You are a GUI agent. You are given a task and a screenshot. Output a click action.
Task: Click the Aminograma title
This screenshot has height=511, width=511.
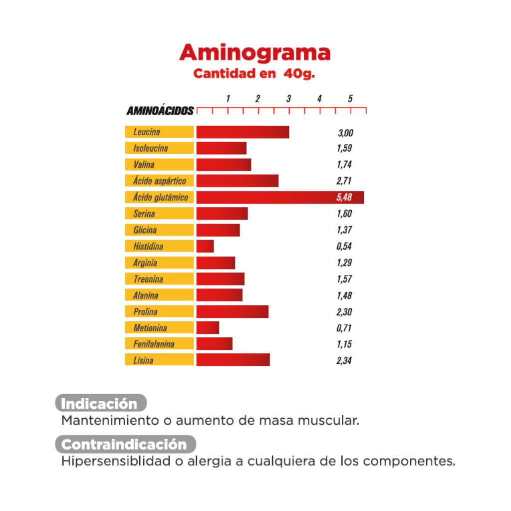point(255,52)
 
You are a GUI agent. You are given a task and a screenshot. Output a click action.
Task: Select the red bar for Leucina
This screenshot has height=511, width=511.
point(243,132)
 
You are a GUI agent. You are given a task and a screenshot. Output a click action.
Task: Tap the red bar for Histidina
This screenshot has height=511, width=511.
point(205,247)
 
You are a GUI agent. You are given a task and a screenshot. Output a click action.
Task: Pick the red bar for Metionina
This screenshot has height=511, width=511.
point(208,328)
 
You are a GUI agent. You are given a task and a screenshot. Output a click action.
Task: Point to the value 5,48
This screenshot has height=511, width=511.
point(344,198)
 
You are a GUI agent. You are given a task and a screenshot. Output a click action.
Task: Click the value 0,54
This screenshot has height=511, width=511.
point(344,247)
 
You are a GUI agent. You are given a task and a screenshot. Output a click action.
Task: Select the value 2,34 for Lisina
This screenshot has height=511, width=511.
point(344,360)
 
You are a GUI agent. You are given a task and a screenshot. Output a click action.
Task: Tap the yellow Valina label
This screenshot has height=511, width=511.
point(159,165)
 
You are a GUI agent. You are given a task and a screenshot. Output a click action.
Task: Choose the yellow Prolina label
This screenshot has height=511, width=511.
point(159,312)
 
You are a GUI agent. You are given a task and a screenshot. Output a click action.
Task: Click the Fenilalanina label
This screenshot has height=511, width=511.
point(159,344)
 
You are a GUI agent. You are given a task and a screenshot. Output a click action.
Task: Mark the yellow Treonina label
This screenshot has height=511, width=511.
point(159,279)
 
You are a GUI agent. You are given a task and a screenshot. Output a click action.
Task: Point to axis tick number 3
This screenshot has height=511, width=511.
point(288,98)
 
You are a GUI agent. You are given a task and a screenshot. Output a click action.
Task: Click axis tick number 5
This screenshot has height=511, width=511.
point(350,98)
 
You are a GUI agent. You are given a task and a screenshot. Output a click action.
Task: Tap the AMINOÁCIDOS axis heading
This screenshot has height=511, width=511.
point(160,111)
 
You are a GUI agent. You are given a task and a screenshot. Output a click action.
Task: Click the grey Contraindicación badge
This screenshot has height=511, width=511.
point(126,444)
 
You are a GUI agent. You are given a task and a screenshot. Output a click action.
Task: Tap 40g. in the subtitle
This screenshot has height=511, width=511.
point(299,74)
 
